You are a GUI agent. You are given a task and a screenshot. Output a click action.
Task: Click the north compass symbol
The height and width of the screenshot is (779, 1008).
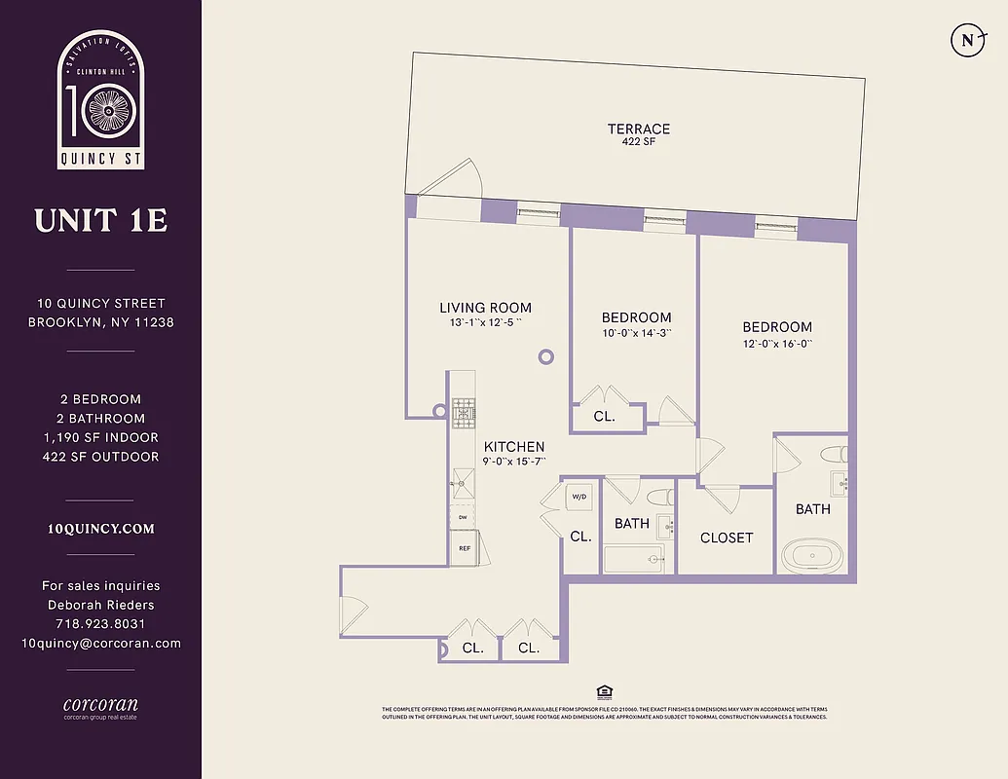(x=967, y=40)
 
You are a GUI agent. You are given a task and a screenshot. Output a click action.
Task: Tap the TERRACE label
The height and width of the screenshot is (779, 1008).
(x=638, y=129)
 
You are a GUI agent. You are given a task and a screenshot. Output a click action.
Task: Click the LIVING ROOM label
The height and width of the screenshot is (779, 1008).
(x=485, y=308)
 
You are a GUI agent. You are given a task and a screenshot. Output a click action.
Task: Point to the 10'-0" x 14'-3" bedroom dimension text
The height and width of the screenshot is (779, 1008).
(x=636, y=333)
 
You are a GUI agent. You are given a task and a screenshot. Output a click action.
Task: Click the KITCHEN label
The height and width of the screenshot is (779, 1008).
(x=514, y=446)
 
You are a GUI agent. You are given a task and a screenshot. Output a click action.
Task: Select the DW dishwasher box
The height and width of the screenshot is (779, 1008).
(x=464, y=518)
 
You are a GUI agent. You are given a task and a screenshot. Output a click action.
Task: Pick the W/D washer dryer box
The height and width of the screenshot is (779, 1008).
(x=579, y=497)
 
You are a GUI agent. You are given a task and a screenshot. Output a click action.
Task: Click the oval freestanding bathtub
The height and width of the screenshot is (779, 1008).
(x=812, y=558)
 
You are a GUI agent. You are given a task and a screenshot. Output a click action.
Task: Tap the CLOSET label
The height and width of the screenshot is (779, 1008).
(x=727, y=538)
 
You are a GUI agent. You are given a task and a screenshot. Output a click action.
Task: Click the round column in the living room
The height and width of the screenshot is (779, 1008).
(x=545, y=356)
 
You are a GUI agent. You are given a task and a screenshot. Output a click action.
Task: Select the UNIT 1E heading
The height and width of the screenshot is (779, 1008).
(x=101, y=221)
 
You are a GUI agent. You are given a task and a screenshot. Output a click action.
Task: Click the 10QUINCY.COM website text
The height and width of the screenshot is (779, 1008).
(x=101, y=529)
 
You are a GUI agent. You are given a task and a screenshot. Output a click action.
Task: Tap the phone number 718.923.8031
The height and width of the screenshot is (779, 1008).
(x=101, y=623)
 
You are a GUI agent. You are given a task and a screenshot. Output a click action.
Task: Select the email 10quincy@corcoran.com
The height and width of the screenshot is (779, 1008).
(x=101, y=643)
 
